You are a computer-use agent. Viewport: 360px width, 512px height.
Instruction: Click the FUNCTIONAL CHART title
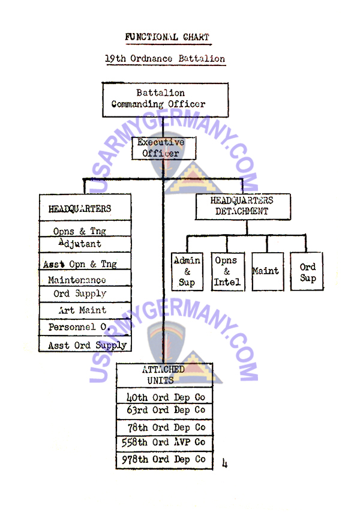[167, 37]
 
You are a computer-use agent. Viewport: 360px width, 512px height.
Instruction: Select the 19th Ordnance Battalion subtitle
[165, 59]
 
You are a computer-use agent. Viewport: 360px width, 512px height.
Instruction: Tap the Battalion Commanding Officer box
[165, 99]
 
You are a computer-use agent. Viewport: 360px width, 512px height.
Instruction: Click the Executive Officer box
[164, 148]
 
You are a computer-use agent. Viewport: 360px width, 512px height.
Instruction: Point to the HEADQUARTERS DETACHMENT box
[242, 206]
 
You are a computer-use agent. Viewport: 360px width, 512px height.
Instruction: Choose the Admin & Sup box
[187, 271]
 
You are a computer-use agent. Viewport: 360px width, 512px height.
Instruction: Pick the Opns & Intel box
[227, 271]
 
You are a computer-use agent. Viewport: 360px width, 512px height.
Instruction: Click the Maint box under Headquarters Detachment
[265, 271]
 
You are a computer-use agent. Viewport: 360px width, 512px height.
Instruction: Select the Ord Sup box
[308, 272]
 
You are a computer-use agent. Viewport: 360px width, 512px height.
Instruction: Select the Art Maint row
[82, 310]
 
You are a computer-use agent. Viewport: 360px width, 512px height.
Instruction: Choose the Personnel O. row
[78, 328]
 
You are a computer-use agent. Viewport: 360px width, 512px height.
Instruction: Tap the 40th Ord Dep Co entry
[165, 397]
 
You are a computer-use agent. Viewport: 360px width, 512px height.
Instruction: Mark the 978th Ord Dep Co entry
[165, 460]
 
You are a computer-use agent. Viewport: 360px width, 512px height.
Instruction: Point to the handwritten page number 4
[225, 463]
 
